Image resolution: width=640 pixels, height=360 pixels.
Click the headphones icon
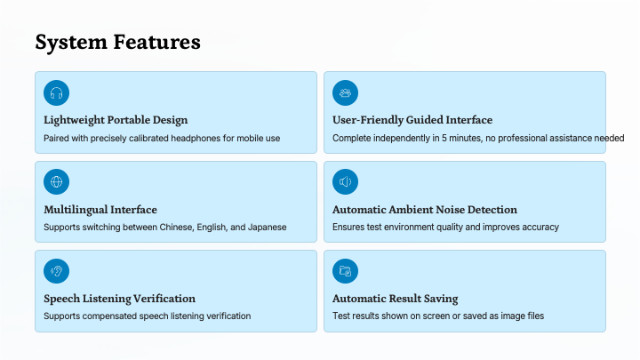(x=56, y=93)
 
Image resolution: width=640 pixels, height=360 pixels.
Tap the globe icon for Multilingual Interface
(x=56, y=181)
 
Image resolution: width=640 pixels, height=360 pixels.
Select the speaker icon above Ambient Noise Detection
(x=345, y=181)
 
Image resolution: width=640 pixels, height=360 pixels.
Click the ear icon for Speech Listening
(x=56, y=271)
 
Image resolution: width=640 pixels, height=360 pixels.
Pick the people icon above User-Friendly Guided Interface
(x=345, y=93)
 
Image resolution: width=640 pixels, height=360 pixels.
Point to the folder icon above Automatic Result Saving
(x=345, y=271)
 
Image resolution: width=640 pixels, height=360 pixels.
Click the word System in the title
(x=71, y=43)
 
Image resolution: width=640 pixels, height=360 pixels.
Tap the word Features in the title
(x=156, y=42)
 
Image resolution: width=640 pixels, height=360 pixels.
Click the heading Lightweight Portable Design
(x=116, y=120)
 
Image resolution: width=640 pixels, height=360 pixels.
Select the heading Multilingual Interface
(x=100, y=210)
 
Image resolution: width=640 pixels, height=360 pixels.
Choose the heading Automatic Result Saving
(x=395, y=299)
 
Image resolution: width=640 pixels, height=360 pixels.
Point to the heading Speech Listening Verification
(x=120, y=299)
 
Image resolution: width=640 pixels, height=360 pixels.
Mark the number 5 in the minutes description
(x=444, y=139)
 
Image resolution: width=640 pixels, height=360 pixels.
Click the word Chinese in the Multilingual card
(x=177, y=228)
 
